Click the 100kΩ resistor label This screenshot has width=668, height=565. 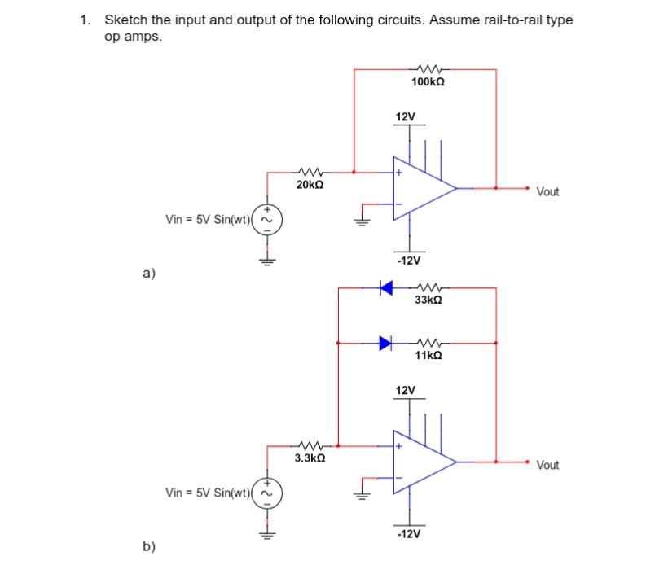point(428,82)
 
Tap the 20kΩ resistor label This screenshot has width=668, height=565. point(310,186)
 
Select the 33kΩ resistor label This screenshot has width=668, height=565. point(428,300)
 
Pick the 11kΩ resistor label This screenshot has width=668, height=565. point(428,356)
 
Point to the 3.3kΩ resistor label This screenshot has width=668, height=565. point(310,459)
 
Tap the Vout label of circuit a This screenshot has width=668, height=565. point(548,192)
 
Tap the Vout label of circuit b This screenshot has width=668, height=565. point(548,466)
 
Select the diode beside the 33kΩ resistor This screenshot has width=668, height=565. point(385,287)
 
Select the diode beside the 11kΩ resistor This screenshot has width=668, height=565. point(385,343)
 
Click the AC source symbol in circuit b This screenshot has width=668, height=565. point(265,492)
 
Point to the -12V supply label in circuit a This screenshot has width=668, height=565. point(407,261)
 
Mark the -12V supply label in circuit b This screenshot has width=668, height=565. point(407,535)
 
